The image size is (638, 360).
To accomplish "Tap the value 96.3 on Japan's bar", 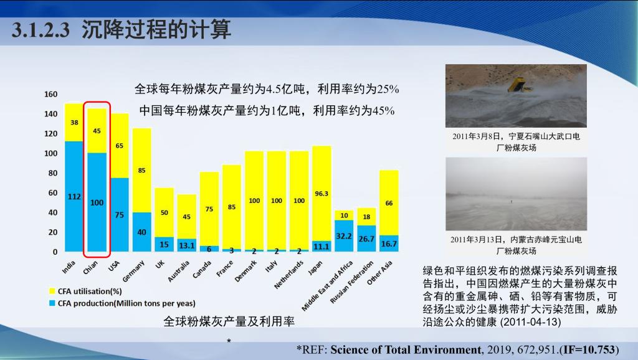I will point(321,194).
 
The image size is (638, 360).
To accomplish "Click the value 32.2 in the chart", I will point(344,237).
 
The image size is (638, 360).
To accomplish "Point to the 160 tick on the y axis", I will point(51,94).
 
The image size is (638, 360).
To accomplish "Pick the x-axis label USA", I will point(113,266).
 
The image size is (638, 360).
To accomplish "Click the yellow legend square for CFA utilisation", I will point(52,291).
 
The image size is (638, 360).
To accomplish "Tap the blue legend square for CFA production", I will point(52,303).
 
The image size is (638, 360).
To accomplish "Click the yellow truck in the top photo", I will point(520,85).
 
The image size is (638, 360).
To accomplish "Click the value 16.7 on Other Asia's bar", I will point(389,244).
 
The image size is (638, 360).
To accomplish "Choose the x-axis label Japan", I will point(316,267).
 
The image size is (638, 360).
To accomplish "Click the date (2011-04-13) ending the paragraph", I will point(530,322).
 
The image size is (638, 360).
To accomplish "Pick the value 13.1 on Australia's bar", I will point(186,245).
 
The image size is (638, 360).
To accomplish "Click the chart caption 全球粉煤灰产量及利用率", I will point(229,321).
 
